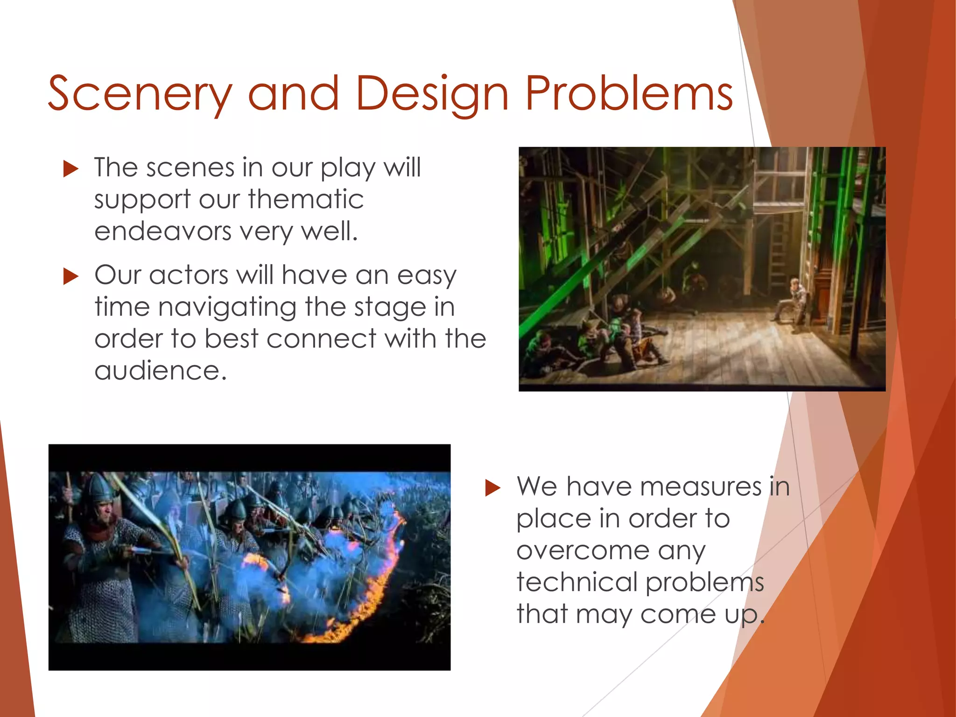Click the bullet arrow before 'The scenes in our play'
click(70, 169)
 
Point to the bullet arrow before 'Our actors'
click(70, 276)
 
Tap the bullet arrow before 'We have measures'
click(492, 488)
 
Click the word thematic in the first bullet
click(306, 199)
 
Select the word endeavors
click(163, 231)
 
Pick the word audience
click(160, 371)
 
